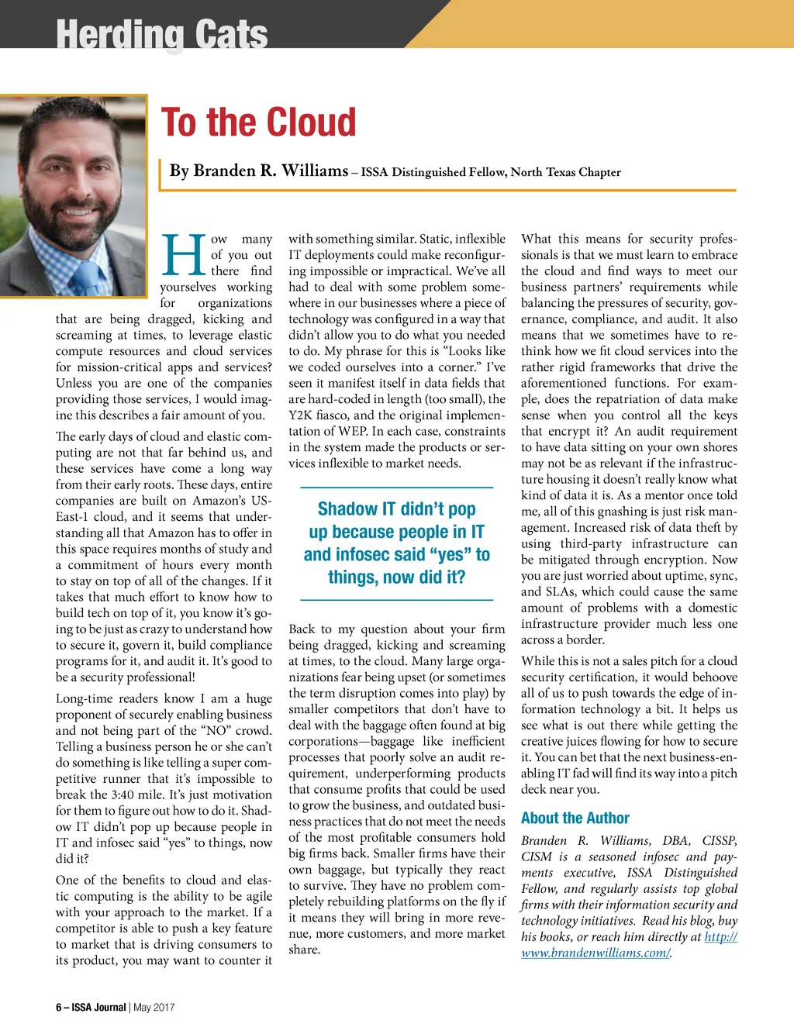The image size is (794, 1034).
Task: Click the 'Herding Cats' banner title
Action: click(162, 34)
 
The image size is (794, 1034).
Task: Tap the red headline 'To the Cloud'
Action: click(259, 122)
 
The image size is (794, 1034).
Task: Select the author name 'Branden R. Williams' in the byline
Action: click(259, 171)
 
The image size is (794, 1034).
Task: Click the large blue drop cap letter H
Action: click(184, 256)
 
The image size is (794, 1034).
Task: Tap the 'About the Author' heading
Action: click(575, 818)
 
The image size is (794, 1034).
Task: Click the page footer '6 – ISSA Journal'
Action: click(91, 1008)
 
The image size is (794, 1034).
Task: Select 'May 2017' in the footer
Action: click(154, 1008)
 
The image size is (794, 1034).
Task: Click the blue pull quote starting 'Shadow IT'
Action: click(396, 543)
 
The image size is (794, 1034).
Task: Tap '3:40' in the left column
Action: click(210, 794)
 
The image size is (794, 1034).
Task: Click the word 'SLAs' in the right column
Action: click(561, 591)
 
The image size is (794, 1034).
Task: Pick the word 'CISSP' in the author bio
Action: click(720, 840)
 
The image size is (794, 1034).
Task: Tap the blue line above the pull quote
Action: click(396, 488)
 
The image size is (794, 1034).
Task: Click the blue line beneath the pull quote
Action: click(396, 600)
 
